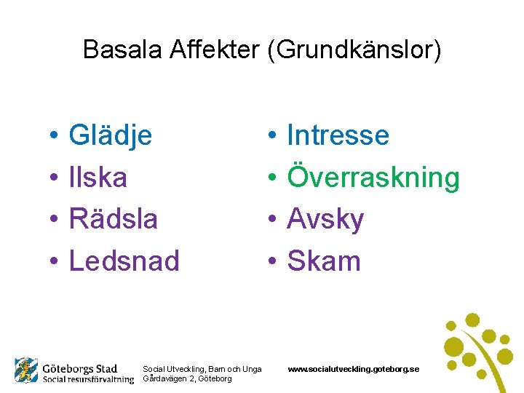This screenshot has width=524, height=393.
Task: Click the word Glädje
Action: pyautogui.click(x=110, y=135)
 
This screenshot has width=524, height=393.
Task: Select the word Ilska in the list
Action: pyautogui.click(x=98, y=178)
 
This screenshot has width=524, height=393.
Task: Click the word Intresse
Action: pyautogui.click(x=338, y=135)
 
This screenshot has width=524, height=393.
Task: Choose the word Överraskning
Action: pyautogui.click(x=373, y=178)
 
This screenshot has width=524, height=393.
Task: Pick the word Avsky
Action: pyautogui.click(x=325, y=219)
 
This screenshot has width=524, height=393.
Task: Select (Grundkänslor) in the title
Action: pyautogui.click(x=352, y=49)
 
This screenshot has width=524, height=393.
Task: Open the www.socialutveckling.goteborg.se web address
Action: pyautogui.click(x=353, y=370)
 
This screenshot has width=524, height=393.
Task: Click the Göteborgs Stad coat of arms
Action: pyautogui.click(x=26, y=371)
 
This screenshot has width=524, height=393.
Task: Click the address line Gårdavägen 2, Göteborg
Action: pyautogui.click(x=187, y=379)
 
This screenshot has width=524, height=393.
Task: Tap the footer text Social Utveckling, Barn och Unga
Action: pyautogui.click(x=202, y=370)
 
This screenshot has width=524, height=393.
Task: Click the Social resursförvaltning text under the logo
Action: pyautogui.click(x=87, y=379)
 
